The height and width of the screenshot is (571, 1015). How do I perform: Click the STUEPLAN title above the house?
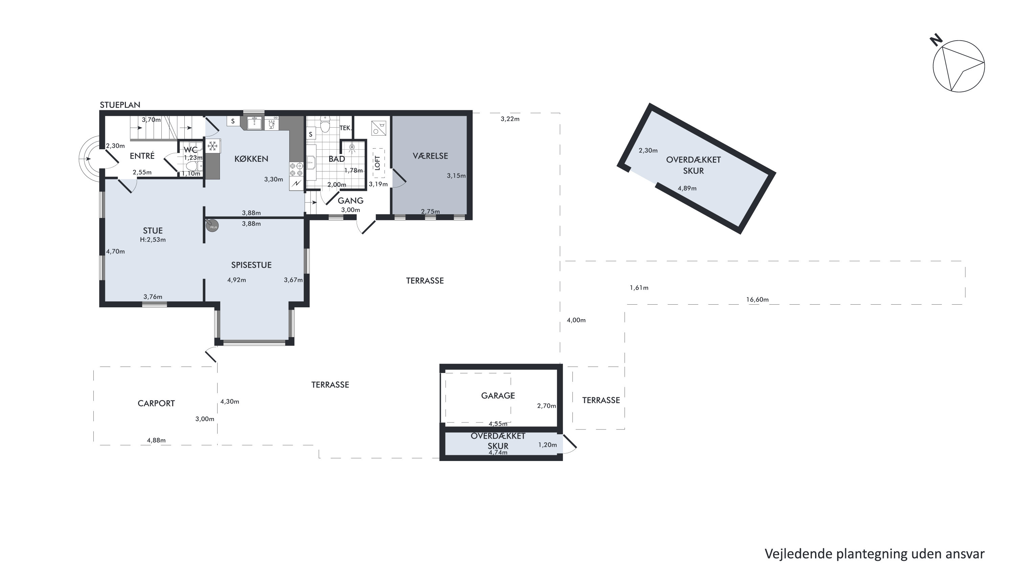pos(120,105)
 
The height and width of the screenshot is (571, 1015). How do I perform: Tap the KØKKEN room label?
pos(251,159)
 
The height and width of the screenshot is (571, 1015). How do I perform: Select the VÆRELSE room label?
pos(430,156)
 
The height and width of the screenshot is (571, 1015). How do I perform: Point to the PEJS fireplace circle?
pos(212,226)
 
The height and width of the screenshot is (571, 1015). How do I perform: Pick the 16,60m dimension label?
pos(757,300)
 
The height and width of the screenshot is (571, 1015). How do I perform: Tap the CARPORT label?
pos(156,403)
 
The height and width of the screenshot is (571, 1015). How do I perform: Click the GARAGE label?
pos(498,395)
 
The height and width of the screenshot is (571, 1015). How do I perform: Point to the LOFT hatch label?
pos(378,163)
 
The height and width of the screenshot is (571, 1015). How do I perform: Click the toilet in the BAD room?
pos(325,124)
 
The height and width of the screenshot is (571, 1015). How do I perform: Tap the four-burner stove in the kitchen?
pos(296,170)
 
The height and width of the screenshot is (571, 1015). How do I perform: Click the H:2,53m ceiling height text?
pos(153,240)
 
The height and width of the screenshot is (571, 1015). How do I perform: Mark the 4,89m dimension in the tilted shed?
pos(687,189)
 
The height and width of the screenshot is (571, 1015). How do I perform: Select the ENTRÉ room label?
pos(142,156)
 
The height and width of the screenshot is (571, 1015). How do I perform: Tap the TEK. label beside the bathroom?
pos(345,128)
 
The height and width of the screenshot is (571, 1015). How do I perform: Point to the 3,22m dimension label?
pos(510,119)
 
